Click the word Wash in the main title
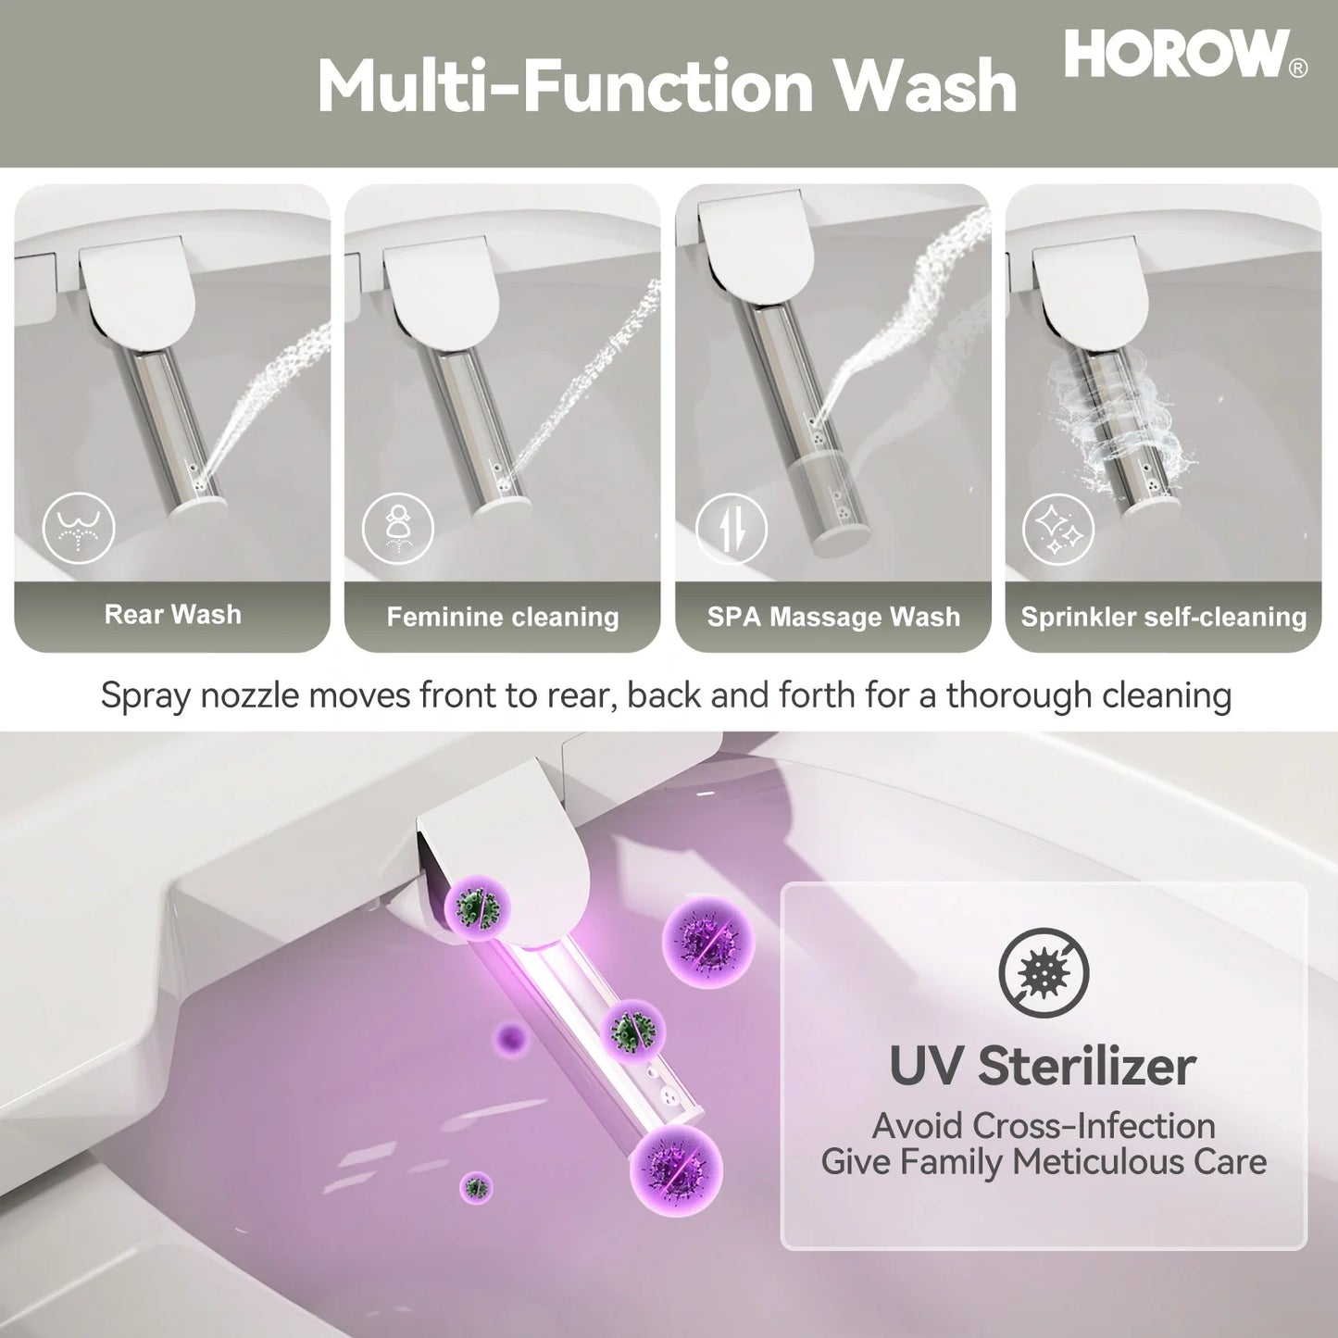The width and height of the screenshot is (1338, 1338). pyautogui.click(x=926, y=86)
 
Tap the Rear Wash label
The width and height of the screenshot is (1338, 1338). pyautogui.click(x=172, y=614)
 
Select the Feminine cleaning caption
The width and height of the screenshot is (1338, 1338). pyautogui.click(x=503, y=617)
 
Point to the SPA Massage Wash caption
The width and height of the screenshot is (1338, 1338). pyautogui.click(x=833, y=617)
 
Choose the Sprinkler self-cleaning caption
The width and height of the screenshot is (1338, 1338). pyautogui.click(x=1163, y=617)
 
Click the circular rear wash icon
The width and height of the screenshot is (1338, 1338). pyautogui.click(x=79, y=529)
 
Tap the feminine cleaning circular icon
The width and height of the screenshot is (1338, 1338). pyautogui.click(x=398, y=529)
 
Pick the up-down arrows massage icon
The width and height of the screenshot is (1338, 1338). pyautogui.click(x=732, y=529)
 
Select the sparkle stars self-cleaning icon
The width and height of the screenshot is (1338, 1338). pyautogui.click(x=1058, y=529)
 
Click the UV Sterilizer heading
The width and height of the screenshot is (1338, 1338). pyautogui.click(x=1043, y=1066)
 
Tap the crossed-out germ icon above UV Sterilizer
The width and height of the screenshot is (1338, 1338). pyautogui.click(x=1044, y=972)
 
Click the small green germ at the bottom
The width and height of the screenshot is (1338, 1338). pyautogui.click(x=476, y=1187)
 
